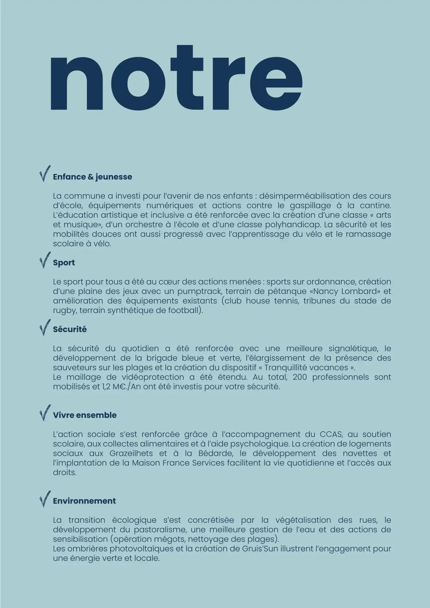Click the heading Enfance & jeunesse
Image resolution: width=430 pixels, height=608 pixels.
click(x=92, y=177)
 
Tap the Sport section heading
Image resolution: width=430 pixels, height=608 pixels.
click(x=64, y=263)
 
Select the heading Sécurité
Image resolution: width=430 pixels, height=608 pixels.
click(x=70, y=329)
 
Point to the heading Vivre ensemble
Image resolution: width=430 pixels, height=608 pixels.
click(x=85, y=415)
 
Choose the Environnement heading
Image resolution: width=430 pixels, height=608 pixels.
click(x=84, y=501)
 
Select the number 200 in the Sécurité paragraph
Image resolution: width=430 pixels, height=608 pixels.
click(x=300, y=377)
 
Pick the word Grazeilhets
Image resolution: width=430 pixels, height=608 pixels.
click(x=132, y=453)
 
